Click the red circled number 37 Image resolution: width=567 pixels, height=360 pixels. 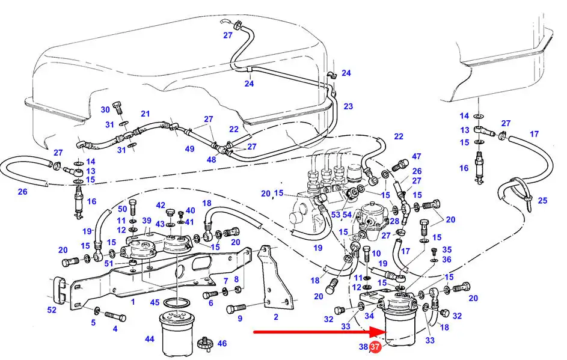click(x=375, y=347)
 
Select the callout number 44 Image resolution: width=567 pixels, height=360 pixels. click(x=149, y=339)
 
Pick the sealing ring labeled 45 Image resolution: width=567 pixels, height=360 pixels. click(x=177, y=302)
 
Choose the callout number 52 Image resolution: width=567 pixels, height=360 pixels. click(x=52, y=310)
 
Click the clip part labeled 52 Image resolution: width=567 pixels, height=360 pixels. click(x=60, y=290)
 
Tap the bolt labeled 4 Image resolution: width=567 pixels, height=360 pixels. click(x=115, y=316)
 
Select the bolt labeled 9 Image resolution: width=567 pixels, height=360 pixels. click(x=236, y=308)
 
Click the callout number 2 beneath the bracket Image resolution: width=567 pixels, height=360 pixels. click(x=276, y=317)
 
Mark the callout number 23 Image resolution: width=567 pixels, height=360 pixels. click(x=348, y=106)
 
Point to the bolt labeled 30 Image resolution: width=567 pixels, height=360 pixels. click(x=118, y=108)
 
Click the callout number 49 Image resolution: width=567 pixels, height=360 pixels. click(x=189, y=148)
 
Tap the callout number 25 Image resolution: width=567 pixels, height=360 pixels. click(x=542, y=200)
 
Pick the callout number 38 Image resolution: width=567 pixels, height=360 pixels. click(x=363, y=347)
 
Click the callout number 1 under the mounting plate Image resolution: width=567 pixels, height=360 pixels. click(x=133, y=302)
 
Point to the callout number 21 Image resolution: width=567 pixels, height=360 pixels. click(x=145, y=114)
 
